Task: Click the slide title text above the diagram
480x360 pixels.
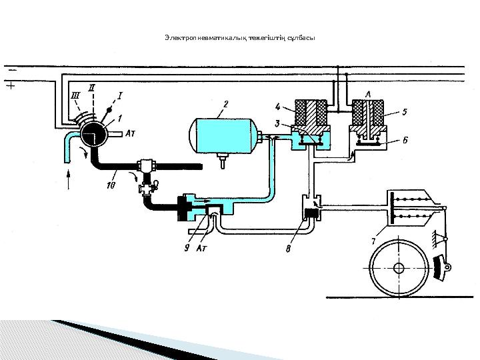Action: point(239,37)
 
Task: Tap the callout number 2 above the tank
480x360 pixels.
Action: point(226,103)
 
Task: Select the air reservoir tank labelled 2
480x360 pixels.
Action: point(223,134)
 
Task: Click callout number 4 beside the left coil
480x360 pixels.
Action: point(278,106)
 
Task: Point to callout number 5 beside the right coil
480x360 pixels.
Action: point(405,112)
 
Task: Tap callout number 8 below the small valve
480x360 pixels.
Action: point(287,250)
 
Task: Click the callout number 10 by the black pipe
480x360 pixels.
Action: point(111,185)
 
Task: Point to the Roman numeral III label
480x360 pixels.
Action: point(75,95)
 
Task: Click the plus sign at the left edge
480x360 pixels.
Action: point(9,85)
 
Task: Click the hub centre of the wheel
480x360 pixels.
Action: point(399,269)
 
